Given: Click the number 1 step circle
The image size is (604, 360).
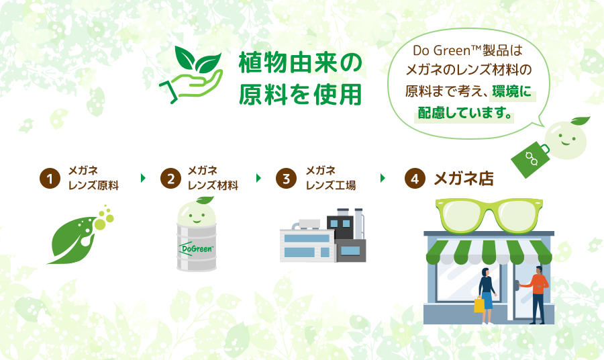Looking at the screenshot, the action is coord(50,179).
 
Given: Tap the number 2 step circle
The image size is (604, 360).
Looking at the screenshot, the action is coord(170,179).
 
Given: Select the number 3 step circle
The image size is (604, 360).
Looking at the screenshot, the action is coord(286,179).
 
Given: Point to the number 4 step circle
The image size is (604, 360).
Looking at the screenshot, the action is coord(415,179).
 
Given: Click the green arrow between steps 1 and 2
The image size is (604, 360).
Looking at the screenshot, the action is coord(144,178).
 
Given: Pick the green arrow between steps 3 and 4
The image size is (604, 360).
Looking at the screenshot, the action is coord(383,178).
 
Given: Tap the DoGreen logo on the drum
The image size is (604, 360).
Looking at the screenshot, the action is coord(196,249).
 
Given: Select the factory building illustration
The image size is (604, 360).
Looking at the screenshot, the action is coord(323,236).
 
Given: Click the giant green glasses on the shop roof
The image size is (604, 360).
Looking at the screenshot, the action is coord(489,215).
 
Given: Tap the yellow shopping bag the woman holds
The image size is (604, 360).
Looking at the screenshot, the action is coord(479,304).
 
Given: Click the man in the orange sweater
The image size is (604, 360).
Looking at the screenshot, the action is coord(538,295).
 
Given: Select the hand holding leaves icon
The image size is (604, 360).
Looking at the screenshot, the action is coord(191,75).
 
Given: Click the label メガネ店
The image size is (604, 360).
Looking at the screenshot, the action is coord(464,179).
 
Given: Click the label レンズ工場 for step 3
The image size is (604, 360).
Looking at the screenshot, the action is coord(331,185).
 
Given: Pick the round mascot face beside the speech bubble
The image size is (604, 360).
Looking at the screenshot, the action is coord(566,140).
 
